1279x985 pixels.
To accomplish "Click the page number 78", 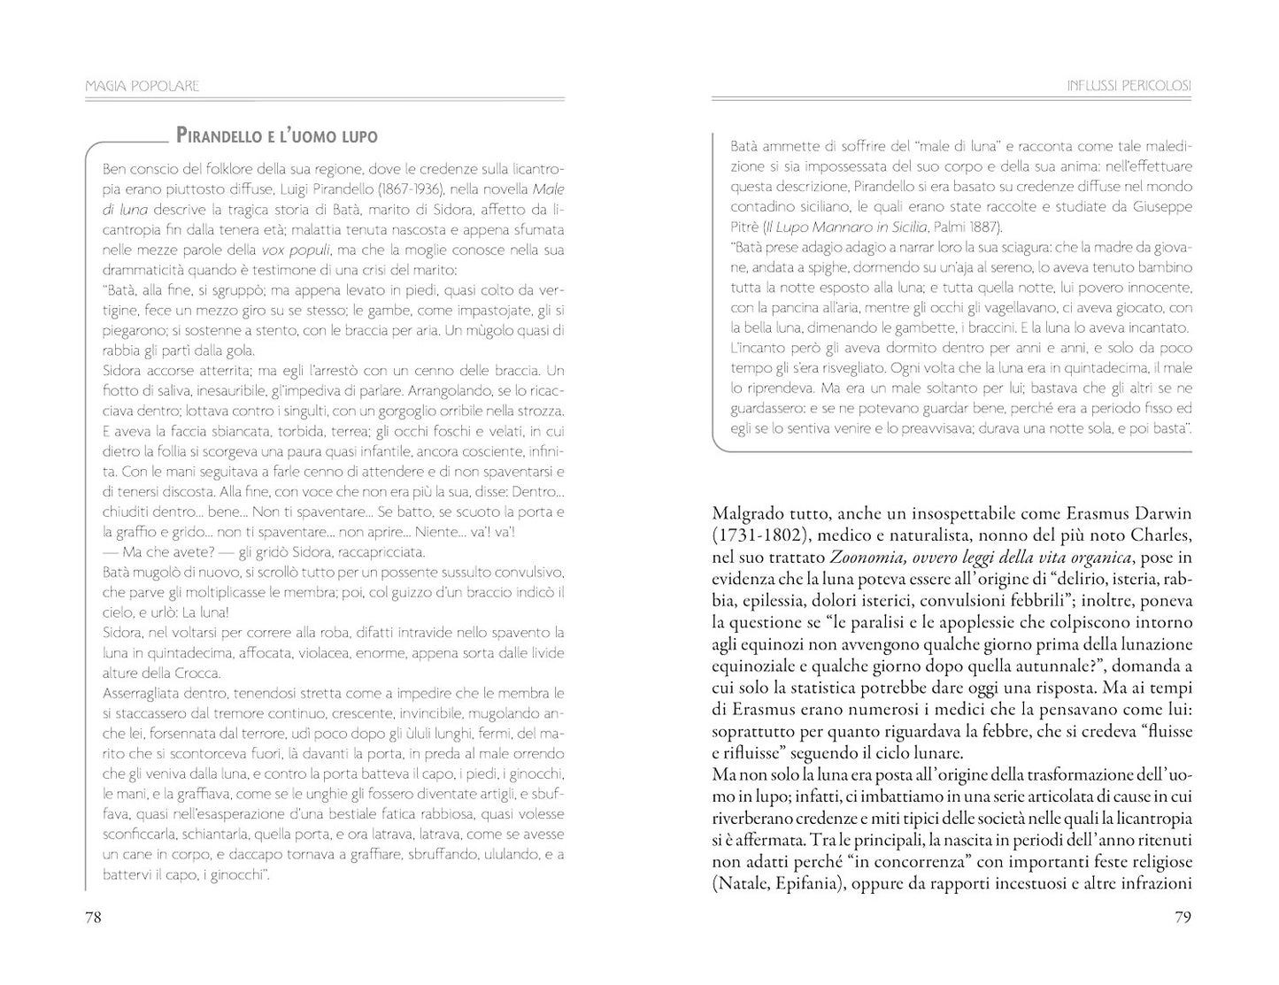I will click(x=93, y=917).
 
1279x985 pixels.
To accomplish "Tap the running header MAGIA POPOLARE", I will click(x=143, y=86).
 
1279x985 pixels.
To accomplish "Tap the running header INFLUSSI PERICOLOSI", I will click(x=1129, y=86).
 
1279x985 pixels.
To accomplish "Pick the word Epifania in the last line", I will click(x=805, y=883).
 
